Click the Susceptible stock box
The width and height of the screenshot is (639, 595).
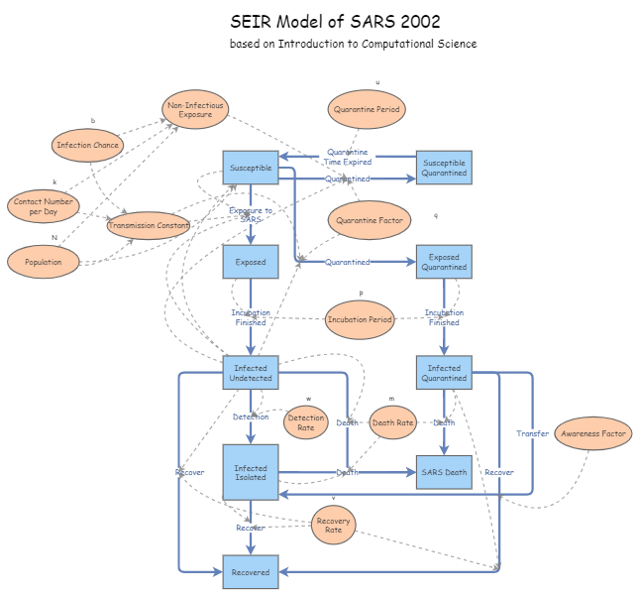point(251,168)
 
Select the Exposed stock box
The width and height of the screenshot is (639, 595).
point(251,262)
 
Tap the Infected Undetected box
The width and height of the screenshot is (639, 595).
point(251,372)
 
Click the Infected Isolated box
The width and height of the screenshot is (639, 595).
point(251,472)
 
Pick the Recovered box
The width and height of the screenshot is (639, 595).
point(251,572)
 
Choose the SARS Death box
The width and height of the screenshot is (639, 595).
point(443,472)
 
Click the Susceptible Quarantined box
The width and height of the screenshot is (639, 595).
point(443,168)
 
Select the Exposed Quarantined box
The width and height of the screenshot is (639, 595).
point(443,262)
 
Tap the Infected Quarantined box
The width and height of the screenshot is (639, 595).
point(443,372)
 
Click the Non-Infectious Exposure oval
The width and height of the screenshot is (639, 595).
point(195,110)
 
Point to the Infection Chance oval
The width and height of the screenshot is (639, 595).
point(88,145)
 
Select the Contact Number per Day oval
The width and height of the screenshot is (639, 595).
point(44,206)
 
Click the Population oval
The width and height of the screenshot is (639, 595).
point(44,262)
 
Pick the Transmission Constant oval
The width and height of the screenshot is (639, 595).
point(149,225)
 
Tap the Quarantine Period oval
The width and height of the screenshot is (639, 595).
point(367,110)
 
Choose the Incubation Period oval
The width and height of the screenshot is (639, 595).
point(360,319)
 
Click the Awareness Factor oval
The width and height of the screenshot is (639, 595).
point(593,433)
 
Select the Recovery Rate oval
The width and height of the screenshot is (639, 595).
point(333,524)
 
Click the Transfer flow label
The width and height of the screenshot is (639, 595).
point(532,433)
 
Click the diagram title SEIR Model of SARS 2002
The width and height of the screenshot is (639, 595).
point(335,22)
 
